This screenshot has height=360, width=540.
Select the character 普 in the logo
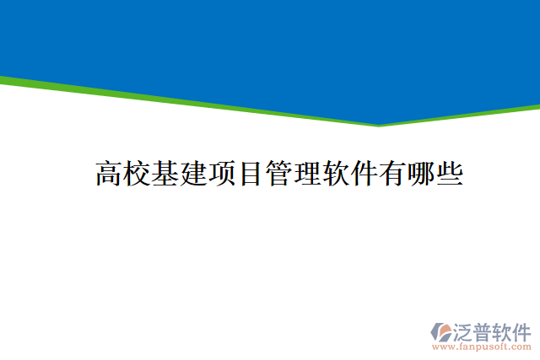pos(484,330)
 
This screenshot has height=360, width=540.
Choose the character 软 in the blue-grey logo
pos(504,330)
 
